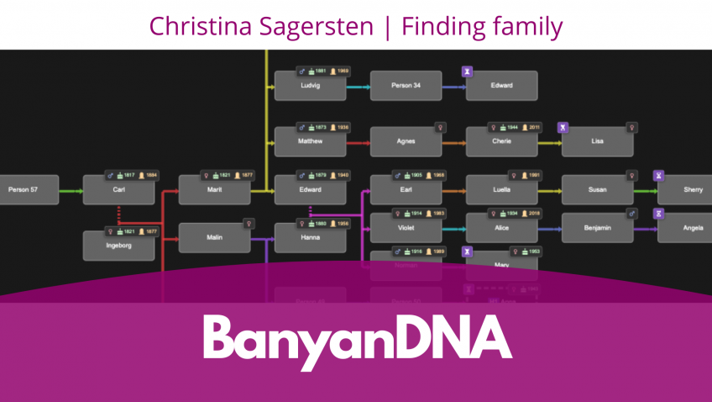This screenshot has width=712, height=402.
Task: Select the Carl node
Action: pyautogui.click(x=118, y=190)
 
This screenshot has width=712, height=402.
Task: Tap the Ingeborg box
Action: pyautogui.click(x=118, y=246)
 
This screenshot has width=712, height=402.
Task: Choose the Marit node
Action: pyautogui.click(x=214, y=190)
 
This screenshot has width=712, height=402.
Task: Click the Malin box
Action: pyautogui.click(x=214, y=238)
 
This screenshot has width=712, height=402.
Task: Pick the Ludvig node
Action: pyautogui.click(x=310, y=86)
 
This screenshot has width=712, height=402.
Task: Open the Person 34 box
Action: pyautogui.click(x=406, y=86)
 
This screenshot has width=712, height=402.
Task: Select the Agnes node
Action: pyautogui.click(x=406, y=141)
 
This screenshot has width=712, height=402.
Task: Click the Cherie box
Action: pyautogui.click(x=501, y=141)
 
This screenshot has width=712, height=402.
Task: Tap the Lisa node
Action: pyautogui.click(x=597, y=141)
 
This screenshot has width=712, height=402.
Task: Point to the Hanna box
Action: pyautogui.click(x=310, y=238)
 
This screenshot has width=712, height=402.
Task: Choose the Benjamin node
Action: pyautogui.click(x=597, y=228)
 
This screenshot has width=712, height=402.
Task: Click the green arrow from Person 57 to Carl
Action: pyautogui.click(x=71, y=191)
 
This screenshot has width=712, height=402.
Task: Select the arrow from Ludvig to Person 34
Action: pyautogui.click(x=359, y=87)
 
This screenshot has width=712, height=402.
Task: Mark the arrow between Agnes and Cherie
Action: pyautogui.click(x=454, y=142)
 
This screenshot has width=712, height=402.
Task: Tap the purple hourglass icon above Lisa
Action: pyautogui.click(x=563, y=128)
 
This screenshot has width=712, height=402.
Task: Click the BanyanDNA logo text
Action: pyautogui.click(x=357, y=338)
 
